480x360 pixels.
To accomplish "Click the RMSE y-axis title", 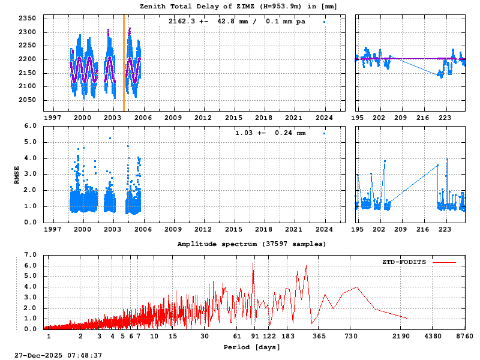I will (17, 174).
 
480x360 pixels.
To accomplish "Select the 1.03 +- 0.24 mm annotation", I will (271, 133).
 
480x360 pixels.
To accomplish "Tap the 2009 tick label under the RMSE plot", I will (173, 229).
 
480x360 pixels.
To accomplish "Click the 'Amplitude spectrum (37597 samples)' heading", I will (251, 244).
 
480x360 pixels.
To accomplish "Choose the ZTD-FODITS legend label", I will (404, 262).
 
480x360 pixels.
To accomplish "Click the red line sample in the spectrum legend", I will (444, 262).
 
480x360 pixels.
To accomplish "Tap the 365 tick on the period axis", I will (319, 337).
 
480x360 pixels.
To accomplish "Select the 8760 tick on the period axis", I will (464, 337).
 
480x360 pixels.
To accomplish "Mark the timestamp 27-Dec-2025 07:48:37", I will (58, 355).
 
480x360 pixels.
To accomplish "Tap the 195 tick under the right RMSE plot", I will (357, 229).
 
